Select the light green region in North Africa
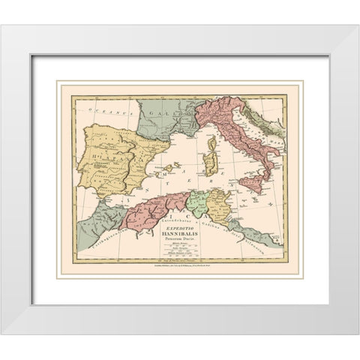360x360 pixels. (x=198, y=202)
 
